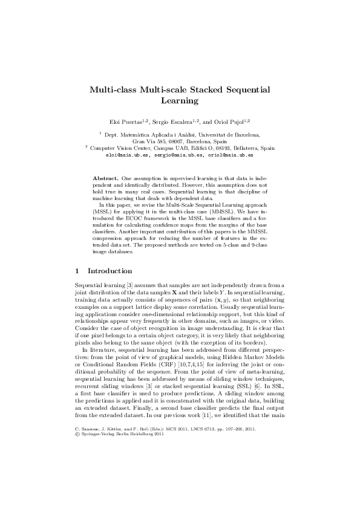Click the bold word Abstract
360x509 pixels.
[x=106, y=179]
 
